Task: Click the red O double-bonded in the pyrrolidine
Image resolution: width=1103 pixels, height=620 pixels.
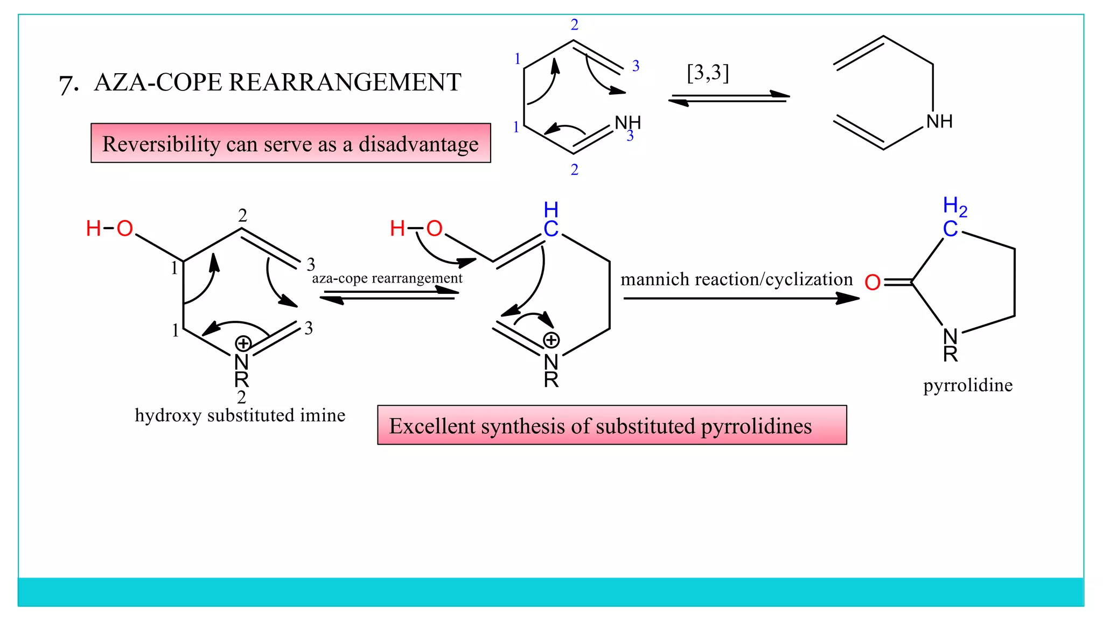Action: pos(872,282)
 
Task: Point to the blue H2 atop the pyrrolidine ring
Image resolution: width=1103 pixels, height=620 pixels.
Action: pos(955,206)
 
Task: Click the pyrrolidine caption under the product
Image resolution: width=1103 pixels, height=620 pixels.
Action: pos(968,385)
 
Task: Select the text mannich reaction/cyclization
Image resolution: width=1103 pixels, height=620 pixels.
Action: pos(736,279)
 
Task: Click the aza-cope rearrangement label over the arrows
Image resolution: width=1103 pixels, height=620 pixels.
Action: pos(387,278)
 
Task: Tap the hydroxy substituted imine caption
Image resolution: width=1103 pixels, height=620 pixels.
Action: pos(240,415)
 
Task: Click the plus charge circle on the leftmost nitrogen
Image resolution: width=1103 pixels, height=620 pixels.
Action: pos(243,343)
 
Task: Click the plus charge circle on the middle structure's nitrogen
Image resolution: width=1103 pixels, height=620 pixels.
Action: pos(551,340)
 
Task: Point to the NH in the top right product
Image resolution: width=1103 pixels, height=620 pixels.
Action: pos(939,122)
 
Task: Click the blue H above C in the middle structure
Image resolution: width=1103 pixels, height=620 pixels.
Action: pos(551,209)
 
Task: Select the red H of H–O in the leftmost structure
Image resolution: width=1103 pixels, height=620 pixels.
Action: pos(93,229)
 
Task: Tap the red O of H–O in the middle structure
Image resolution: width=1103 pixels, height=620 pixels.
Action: pos(434,229)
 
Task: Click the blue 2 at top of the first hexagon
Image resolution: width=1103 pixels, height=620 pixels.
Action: pos(575,25)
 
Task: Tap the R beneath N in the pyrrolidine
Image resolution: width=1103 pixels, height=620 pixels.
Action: pos(950,354)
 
